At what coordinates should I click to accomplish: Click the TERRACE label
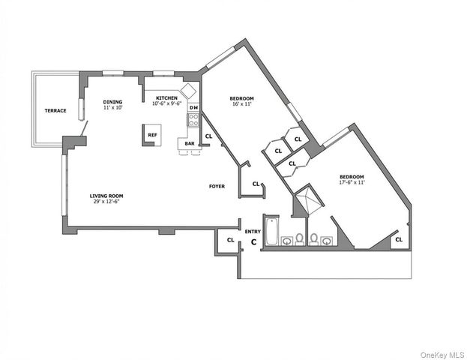(x=55, y=111)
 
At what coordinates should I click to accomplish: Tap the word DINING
(x=112, y=102)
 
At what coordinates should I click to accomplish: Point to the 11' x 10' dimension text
(x=112, y=108)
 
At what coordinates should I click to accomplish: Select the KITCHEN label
(x=166, y=98)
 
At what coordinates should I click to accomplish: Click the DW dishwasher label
(x=193, y=108)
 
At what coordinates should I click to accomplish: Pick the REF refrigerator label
(x=152, y=135)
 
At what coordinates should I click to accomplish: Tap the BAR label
(x=190, y=143)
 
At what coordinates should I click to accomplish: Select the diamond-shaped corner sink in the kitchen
(x=188, y=91)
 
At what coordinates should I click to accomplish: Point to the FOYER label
(x=217, y=185)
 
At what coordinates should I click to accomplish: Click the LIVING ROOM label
(x=106, y=195)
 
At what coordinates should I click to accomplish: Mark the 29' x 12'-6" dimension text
(x=106, y=201)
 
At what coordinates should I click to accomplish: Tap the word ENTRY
(x=253, y=232)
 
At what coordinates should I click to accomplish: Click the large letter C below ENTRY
(x=253, y=241)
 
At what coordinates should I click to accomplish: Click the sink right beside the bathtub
(x=287, y=241)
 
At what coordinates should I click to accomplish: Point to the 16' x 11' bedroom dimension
(x=241, y=105)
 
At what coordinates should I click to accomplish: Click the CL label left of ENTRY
(x=231, y=240)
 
